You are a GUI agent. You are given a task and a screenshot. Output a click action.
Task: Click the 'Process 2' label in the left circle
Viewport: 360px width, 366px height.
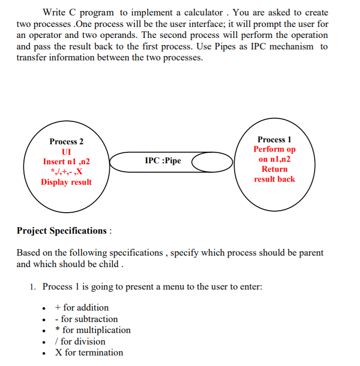point(66,142)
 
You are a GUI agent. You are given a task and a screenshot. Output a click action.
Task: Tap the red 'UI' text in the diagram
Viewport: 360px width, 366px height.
point(66,152)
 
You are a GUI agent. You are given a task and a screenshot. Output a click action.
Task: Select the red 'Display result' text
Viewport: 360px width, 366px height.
point(66,182)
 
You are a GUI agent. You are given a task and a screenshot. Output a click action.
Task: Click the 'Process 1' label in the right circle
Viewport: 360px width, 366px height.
point(275,140)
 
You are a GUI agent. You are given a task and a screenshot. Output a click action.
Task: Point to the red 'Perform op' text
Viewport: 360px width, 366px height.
point(275,149)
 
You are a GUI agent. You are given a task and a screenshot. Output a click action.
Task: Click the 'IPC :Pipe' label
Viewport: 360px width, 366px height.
point(163,161)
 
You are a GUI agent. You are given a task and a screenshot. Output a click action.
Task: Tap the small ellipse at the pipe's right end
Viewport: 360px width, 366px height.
point(213,162)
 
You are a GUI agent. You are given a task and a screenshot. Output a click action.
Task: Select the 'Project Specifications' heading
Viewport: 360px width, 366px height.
point(62,231)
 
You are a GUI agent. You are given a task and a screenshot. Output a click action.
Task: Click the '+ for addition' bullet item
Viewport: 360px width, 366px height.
point(82,308)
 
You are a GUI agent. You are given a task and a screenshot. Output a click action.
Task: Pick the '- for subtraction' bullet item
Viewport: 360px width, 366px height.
point(86,319)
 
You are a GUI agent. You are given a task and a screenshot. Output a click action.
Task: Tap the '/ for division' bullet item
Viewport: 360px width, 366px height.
point(80,342)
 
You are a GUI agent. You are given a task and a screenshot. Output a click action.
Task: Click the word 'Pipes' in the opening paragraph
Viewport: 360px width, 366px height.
point(261,46)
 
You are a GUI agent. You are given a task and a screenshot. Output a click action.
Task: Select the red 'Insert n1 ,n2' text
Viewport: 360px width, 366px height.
point(66,162)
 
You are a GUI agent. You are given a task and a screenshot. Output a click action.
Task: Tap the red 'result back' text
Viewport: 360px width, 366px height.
point(275,179)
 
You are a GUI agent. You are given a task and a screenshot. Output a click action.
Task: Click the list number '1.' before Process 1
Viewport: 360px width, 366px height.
point(32,287)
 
